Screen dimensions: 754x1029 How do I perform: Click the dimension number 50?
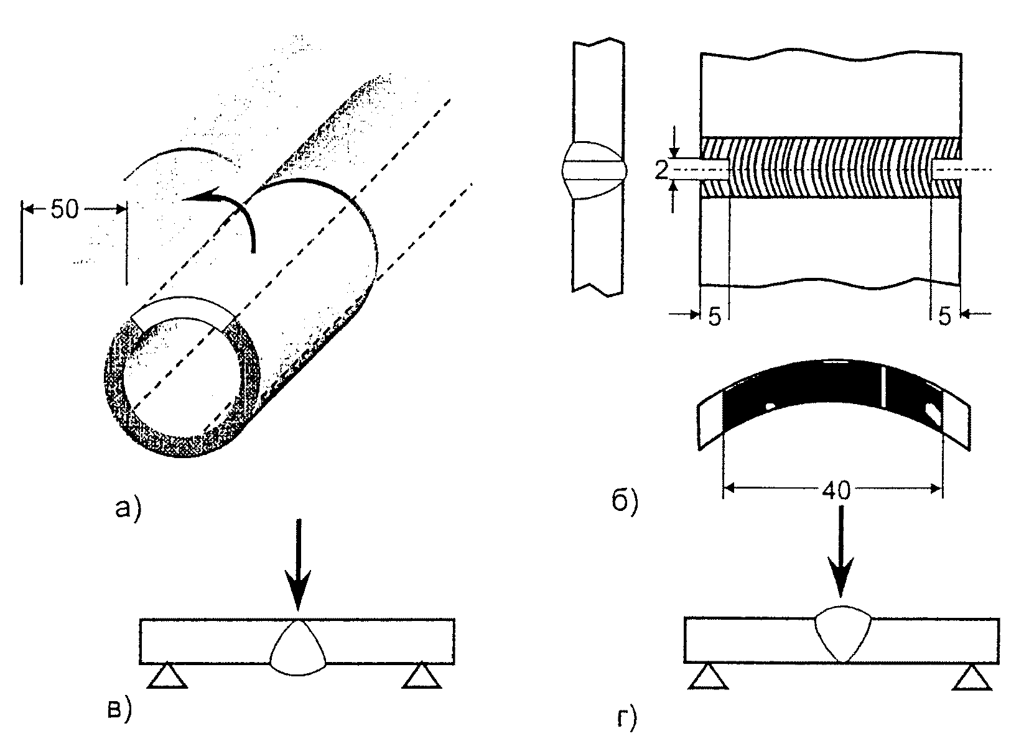pyautogui.click(x=65, y=209)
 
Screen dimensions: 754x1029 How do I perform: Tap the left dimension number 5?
pyautogui.click(x=714, y=317)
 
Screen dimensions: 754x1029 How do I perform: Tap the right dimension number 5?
pyautogui.click(x=944, y=317)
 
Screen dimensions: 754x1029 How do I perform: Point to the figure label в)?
pyautogui.click(x=118, y=709)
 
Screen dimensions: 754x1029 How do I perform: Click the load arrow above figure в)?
pyautogui.click(x=299, y=566)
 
